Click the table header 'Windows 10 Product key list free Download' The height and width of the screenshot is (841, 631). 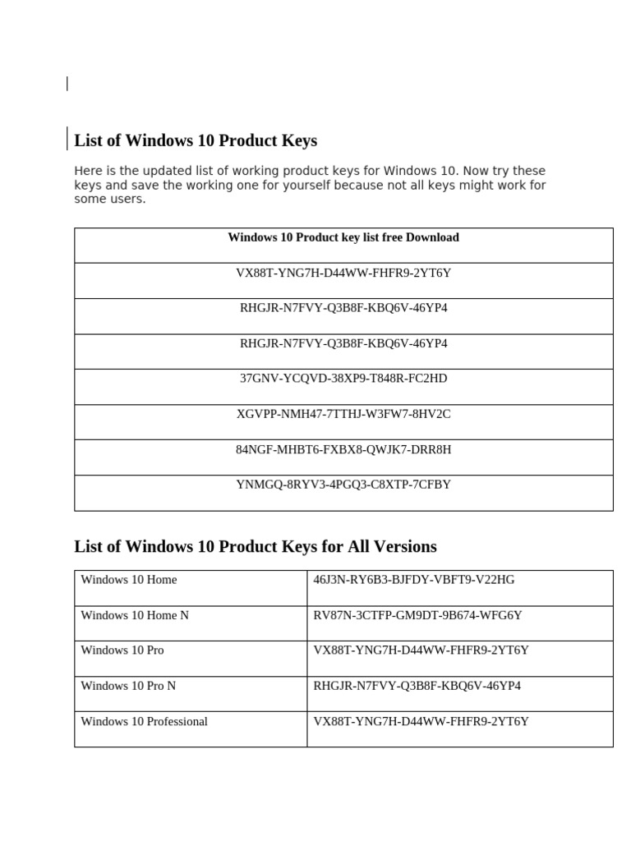[343, 237]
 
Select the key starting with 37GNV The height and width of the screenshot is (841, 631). [343, 379]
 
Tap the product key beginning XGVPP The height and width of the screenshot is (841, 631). [343, 414]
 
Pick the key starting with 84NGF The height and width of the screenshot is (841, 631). [343, 449]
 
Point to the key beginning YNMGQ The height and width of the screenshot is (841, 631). [343, 485]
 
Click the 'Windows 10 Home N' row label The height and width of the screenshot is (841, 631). [135, 615]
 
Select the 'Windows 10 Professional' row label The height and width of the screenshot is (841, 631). [144, 722]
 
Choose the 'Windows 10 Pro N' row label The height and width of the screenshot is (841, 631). [128, 686]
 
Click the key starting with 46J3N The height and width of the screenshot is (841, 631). [414, 580]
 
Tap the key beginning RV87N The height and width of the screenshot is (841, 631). [417, 615]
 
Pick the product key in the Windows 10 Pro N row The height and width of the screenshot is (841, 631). [417, 686]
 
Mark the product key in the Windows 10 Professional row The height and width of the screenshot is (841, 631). [421, 722]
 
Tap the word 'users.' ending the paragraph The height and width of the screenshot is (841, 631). [128, 199]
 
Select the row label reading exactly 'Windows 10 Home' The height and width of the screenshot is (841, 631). [129, 580]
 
